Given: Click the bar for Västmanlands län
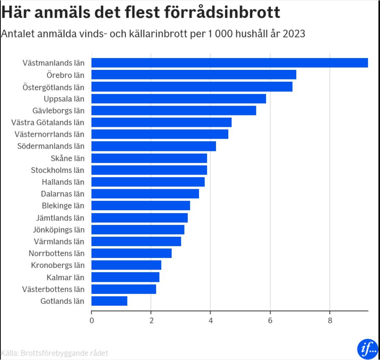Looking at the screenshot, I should [x=229, y=63].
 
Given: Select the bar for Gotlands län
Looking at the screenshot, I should [x=109, y=301].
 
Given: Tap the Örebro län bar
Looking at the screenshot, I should [x=194, y=75].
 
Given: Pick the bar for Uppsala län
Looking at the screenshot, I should [x=179, y=98].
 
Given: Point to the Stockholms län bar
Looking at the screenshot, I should [x=149, y=170].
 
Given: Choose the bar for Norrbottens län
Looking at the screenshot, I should [x=132, y=253].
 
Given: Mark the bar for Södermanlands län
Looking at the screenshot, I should [x=154, y=146].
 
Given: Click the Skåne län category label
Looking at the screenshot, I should [x=68, y=158].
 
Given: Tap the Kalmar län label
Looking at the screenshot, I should [x=66, y=277].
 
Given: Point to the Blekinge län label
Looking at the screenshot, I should [x=63, y=205].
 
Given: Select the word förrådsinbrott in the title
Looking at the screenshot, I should [x=222, y=13].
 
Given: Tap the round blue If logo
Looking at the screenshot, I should [x=367, y=348].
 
